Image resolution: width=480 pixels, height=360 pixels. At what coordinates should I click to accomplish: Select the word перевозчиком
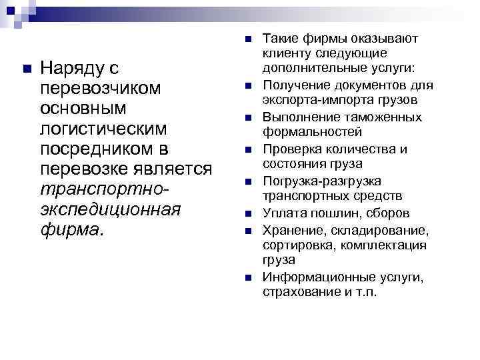[x=101, y=88]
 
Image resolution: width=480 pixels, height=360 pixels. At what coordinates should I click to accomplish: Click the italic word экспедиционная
[x=111, y=210]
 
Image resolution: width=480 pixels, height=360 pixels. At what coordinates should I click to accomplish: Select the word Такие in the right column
[x=281, y=38]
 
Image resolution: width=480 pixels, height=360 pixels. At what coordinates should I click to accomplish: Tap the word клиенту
[x=286, y=53]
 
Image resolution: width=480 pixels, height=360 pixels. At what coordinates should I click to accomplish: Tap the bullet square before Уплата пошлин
[x=247, y=213]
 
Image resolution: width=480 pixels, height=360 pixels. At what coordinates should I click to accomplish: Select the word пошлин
[x=328, y=213]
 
